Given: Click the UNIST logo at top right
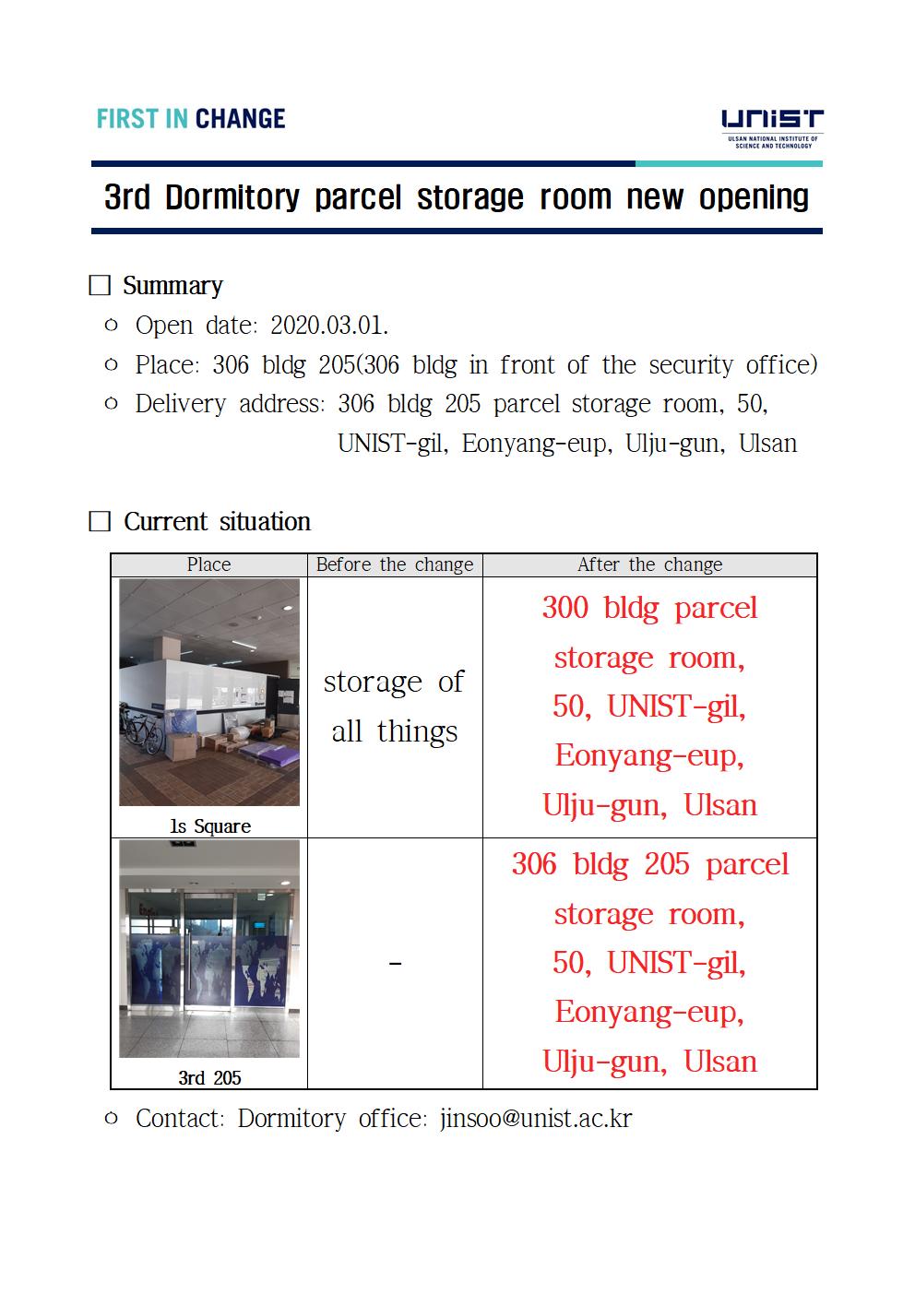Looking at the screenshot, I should (x=771, y=127).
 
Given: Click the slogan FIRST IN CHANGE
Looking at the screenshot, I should (x=191, y=119).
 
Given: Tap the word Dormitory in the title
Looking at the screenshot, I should (x=232, y=197).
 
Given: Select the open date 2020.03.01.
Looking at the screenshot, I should (x=329, y=326).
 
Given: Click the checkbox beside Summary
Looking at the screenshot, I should (x=100, y=286).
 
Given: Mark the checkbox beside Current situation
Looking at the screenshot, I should (x=100, y=522).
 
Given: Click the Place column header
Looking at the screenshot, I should (x=208, y=564).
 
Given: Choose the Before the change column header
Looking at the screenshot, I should (x=395, y=564).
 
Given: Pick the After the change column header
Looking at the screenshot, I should (x=649, y=564).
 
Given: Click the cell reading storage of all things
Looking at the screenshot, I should (x=395, y=706).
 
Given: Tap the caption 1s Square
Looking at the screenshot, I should (x=209, y=826).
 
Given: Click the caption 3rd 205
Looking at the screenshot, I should (x=209, y=1077).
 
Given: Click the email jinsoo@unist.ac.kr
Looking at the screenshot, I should (x=536, y=1119).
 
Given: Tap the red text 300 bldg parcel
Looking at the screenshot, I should (x=649, y=608).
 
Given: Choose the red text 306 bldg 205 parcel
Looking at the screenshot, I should (x=649, y=864).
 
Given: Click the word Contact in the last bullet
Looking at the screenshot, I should (x=179, y=1119).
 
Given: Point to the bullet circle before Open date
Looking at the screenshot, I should (x=112, y=326).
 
